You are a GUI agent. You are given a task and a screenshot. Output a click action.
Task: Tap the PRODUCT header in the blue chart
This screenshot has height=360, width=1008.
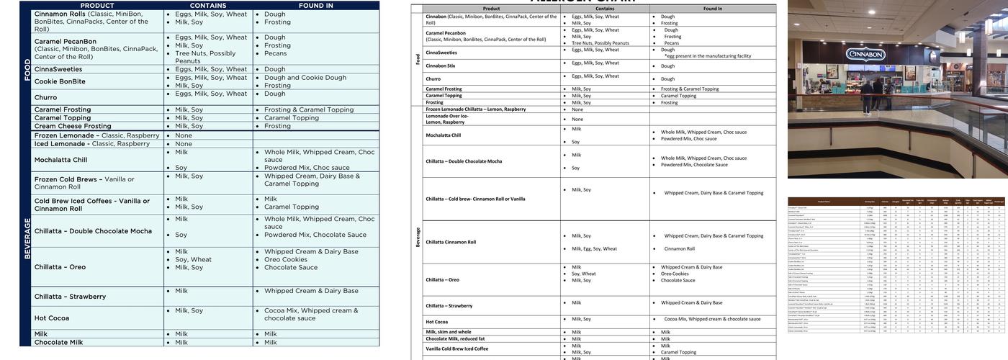pos(97,5)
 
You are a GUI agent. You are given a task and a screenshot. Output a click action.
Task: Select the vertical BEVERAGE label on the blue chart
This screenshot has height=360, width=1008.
pos(27,238)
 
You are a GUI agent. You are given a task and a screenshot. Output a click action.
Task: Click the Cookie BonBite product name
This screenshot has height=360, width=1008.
pos(60,81)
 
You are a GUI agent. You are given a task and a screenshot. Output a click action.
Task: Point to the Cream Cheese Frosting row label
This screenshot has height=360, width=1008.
pos(73,126)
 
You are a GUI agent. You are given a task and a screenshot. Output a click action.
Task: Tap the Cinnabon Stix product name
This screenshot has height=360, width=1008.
pos(441,66)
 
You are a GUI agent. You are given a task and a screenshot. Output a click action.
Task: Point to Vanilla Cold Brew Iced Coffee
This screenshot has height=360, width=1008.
pos(456,348)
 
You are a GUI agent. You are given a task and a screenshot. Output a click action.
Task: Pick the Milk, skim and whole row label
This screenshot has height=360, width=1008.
pos(449,332)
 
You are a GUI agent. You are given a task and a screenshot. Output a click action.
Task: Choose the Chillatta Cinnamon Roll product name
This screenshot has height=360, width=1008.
pos(451,242)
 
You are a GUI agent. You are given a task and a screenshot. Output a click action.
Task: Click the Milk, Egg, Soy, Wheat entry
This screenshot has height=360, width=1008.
pos(594,248)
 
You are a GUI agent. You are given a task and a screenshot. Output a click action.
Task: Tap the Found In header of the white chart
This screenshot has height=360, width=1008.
pos(713,9)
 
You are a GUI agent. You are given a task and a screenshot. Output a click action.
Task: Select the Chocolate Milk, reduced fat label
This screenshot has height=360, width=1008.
pos(455,338)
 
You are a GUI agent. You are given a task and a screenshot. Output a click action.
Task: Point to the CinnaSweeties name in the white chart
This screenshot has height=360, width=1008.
pos(441,52)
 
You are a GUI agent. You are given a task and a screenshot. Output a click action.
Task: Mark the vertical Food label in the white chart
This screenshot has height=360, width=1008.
pos(418,59)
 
